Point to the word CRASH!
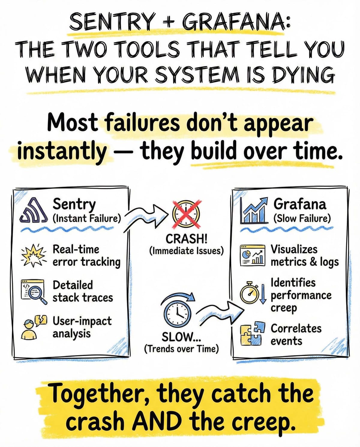[186, 239]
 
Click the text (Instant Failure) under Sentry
[87, 218]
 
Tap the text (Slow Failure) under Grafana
[302, 218]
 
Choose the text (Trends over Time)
[181, 349]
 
